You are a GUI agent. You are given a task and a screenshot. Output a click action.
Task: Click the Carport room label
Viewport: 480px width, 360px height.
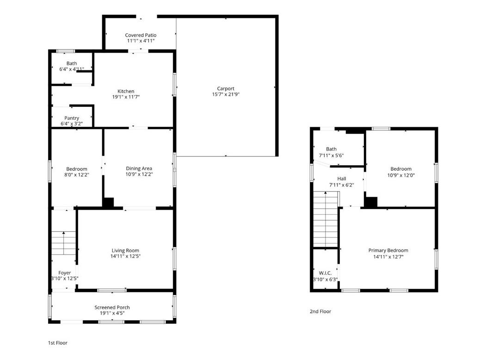(x=226, y=88)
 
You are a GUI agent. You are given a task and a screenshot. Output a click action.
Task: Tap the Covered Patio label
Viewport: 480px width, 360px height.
(x=141, y=35)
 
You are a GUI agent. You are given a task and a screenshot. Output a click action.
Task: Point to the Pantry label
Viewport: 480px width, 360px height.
(x=72, y=118)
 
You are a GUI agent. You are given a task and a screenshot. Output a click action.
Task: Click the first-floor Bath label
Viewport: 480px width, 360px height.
(x=72, y=63)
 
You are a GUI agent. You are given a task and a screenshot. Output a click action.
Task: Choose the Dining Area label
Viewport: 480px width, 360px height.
(x=139, y=168)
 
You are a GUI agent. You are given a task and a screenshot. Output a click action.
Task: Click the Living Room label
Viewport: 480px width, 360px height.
(x=125, y=250)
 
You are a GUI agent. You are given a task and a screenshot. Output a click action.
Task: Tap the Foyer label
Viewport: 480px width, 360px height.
(x=65, y=273)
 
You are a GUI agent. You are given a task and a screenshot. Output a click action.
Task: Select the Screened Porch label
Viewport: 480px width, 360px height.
(x=112, y=307)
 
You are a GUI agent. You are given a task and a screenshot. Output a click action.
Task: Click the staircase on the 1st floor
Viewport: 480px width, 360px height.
(x=63, y=242)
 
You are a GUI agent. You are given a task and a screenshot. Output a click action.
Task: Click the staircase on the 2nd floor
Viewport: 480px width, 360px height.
(x=326, y=220)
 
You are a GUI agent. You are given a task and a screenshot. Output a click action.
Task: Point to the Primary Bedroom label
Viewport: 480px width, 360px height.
(x=388, y=250)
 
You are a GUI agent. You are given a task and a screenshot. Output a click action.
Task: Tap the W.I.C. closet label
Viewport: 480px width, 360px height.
(x=325, y=273)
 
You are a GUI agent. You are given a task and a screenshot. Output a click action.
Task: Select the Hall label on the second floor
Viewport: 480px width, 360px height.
(x=341, y=179)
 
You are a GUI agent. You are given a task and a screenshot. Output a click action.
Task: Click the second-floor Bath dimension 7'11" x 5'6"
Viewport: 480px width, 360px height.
(x=331, y=155)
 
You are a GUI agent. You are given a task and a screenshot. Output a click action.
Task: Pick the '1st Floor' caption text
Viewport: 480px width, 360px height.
(x=58, y=343)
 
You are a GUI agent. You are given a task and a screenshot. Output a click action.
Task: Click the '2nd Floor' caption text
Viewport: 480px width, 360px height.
(x=320, y=311)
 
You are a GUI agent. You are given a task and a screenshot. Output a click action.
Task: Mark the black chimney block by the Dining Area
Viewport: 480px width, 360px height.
(x=108, y=203)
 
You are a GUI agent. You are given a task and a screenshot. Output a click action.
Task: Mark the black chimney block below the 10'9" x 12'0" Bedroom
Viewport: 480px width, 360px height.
(x=371, y=202)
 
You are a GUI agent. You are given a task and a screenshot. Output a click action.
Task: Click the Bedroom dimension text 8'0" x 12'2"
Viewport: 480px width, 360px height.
(x=76, y=175)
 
